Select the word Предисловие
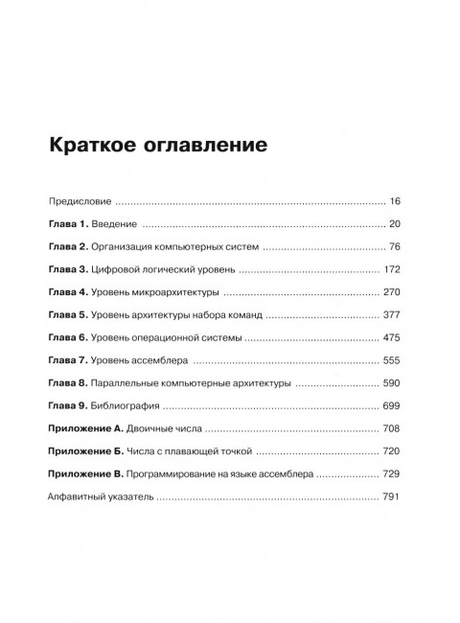[x=80, y=202]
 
